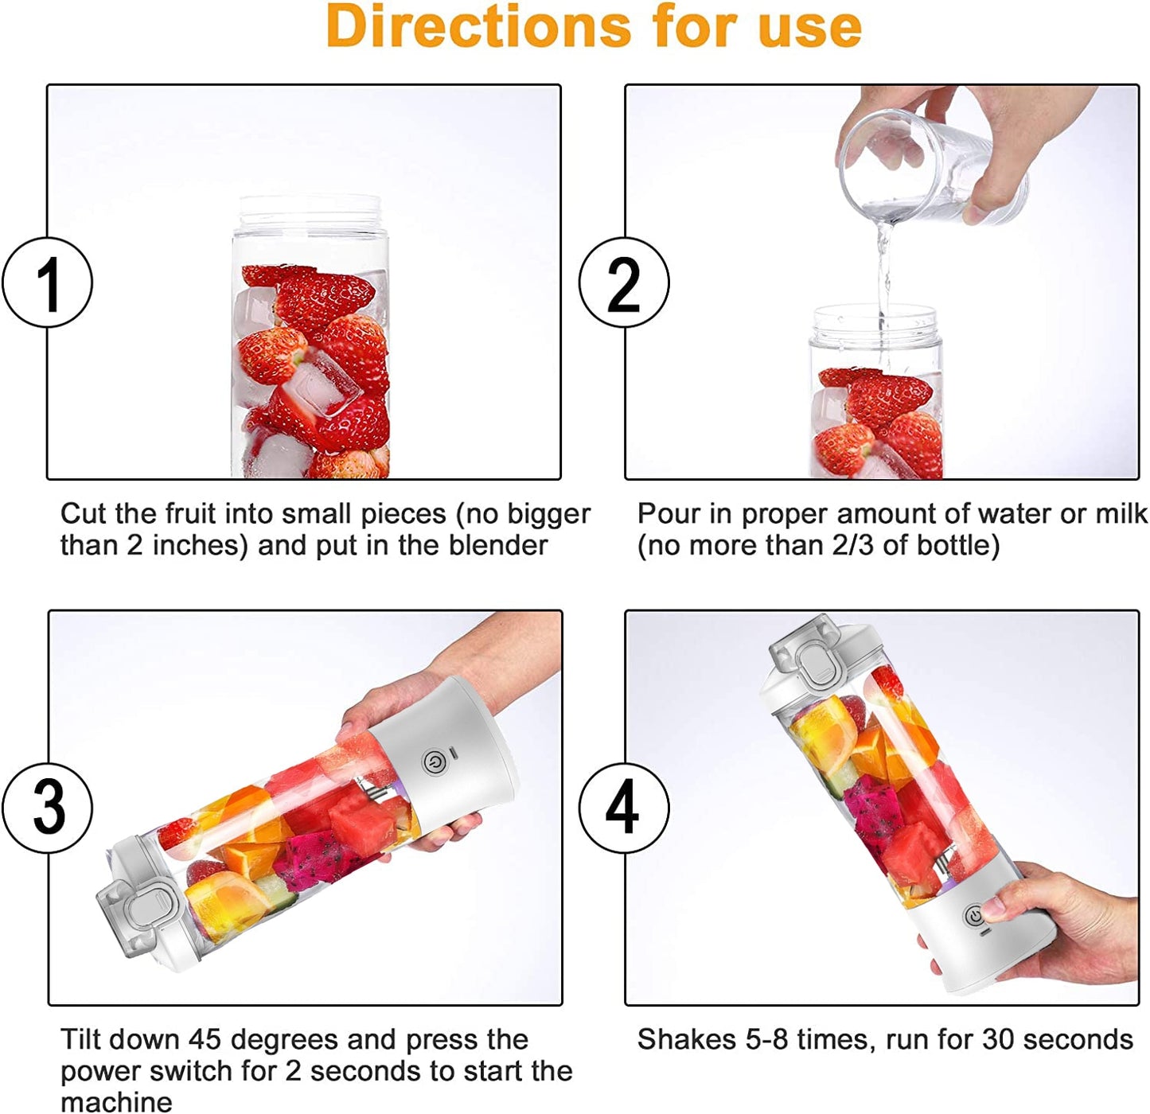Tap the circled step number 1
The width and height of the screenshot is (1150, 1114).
click(48, 282)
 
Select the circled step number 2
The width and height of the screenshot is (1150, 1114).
click(624, 282)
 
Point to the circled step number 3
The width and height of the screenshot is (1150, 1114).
click(48, 808)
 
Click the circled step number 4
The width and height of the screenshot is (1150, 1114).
click(624, 808)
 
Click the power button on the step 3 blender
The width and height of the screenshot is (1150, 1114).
click(433, 762)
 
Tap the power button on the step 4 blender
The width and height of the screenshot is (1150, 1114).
click(975, 917)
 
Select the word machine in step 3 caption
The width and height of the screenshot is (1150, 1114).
click(116, 1102)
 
